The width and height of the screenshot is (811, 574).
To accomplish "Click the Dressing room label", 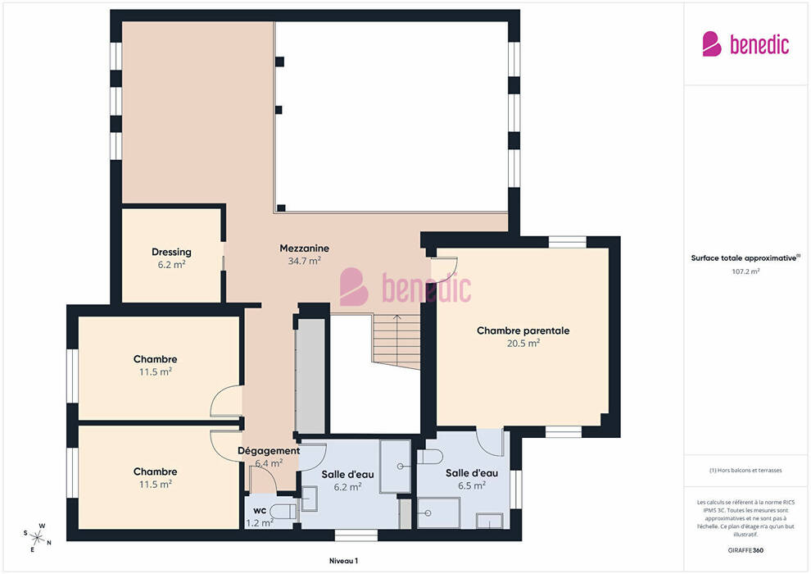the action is (x=171, y=252).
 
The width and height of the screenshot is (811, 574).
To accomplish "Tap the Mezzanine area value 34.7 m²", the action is (x=304, y=261).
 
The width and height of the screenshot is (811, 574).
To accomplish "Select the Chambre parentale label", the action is (x=523, y=330).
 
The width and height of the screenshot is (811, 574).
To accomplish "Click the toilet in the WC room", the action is (x=283, y=512).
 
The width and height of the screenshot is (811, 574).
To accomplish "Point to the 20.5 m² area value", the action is (x=523, y=343).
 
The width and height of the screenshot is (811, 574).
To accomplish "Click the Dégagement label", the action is (x=269, y=451).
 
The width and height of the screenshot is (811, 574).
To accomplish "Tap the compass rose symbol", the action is (x=37, y=538).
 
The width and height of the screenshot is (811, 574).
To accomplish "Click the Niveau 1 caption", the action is (x=343, y=561).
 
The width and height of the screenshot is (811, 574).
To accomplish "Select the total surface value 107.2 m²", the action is (x=745, y=271).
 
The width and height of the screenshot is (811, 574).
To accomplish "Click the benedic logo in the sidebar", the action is (x=745, y=44).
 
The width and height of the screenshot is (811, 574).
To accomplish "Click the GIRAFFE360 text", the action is (x=745, y=550).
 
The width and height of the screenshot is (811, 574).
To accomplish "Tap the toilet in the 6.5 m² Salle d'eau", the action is (x=430, y=458).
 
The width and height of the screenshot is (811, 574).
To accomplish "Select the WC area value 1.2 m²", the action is (x=259, y=523).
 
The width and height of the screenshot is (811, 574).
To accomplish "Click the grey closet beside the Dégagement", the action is (x=310, y=376).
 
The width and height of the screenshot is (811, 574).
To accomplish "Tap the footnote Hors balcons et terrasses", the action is (x=745, y=471).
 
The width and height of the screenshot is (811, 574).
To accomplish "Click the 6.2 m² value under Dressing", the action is (x=171, y=265).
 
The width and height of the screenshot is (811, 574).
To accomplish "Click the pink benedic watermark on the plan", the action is (x=405, y=287).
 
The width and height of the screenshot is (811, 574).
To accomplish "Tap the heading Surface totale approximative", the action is (x=745, y=257).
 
